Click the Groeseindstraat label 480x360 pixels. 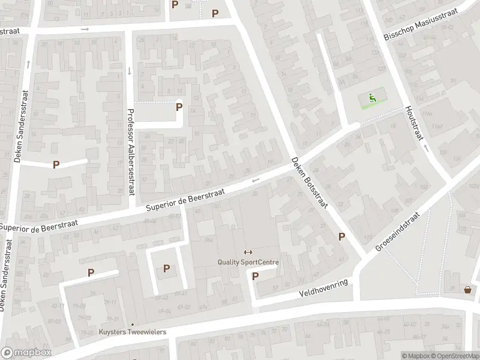tap(398, 231)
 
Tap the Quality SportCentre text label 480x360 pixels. tap(248, 262)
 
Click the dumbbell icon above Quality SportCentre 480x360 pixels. tap(248, 252)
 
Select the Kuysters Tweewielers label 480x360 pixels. tap(133, 332)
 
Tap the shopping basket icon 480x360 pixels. tap(467, 290)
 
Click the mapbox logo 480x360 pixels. tap(26, 353)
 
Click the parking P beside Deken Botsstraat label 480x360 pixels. tap(341, 236)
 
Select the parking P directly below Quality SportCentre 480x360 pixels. tap(255, 277)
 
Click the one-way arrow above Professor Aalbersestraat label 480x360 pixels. tap(130, 71)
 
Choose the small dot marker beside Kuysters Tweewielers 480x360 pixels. tap(133, 325)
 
